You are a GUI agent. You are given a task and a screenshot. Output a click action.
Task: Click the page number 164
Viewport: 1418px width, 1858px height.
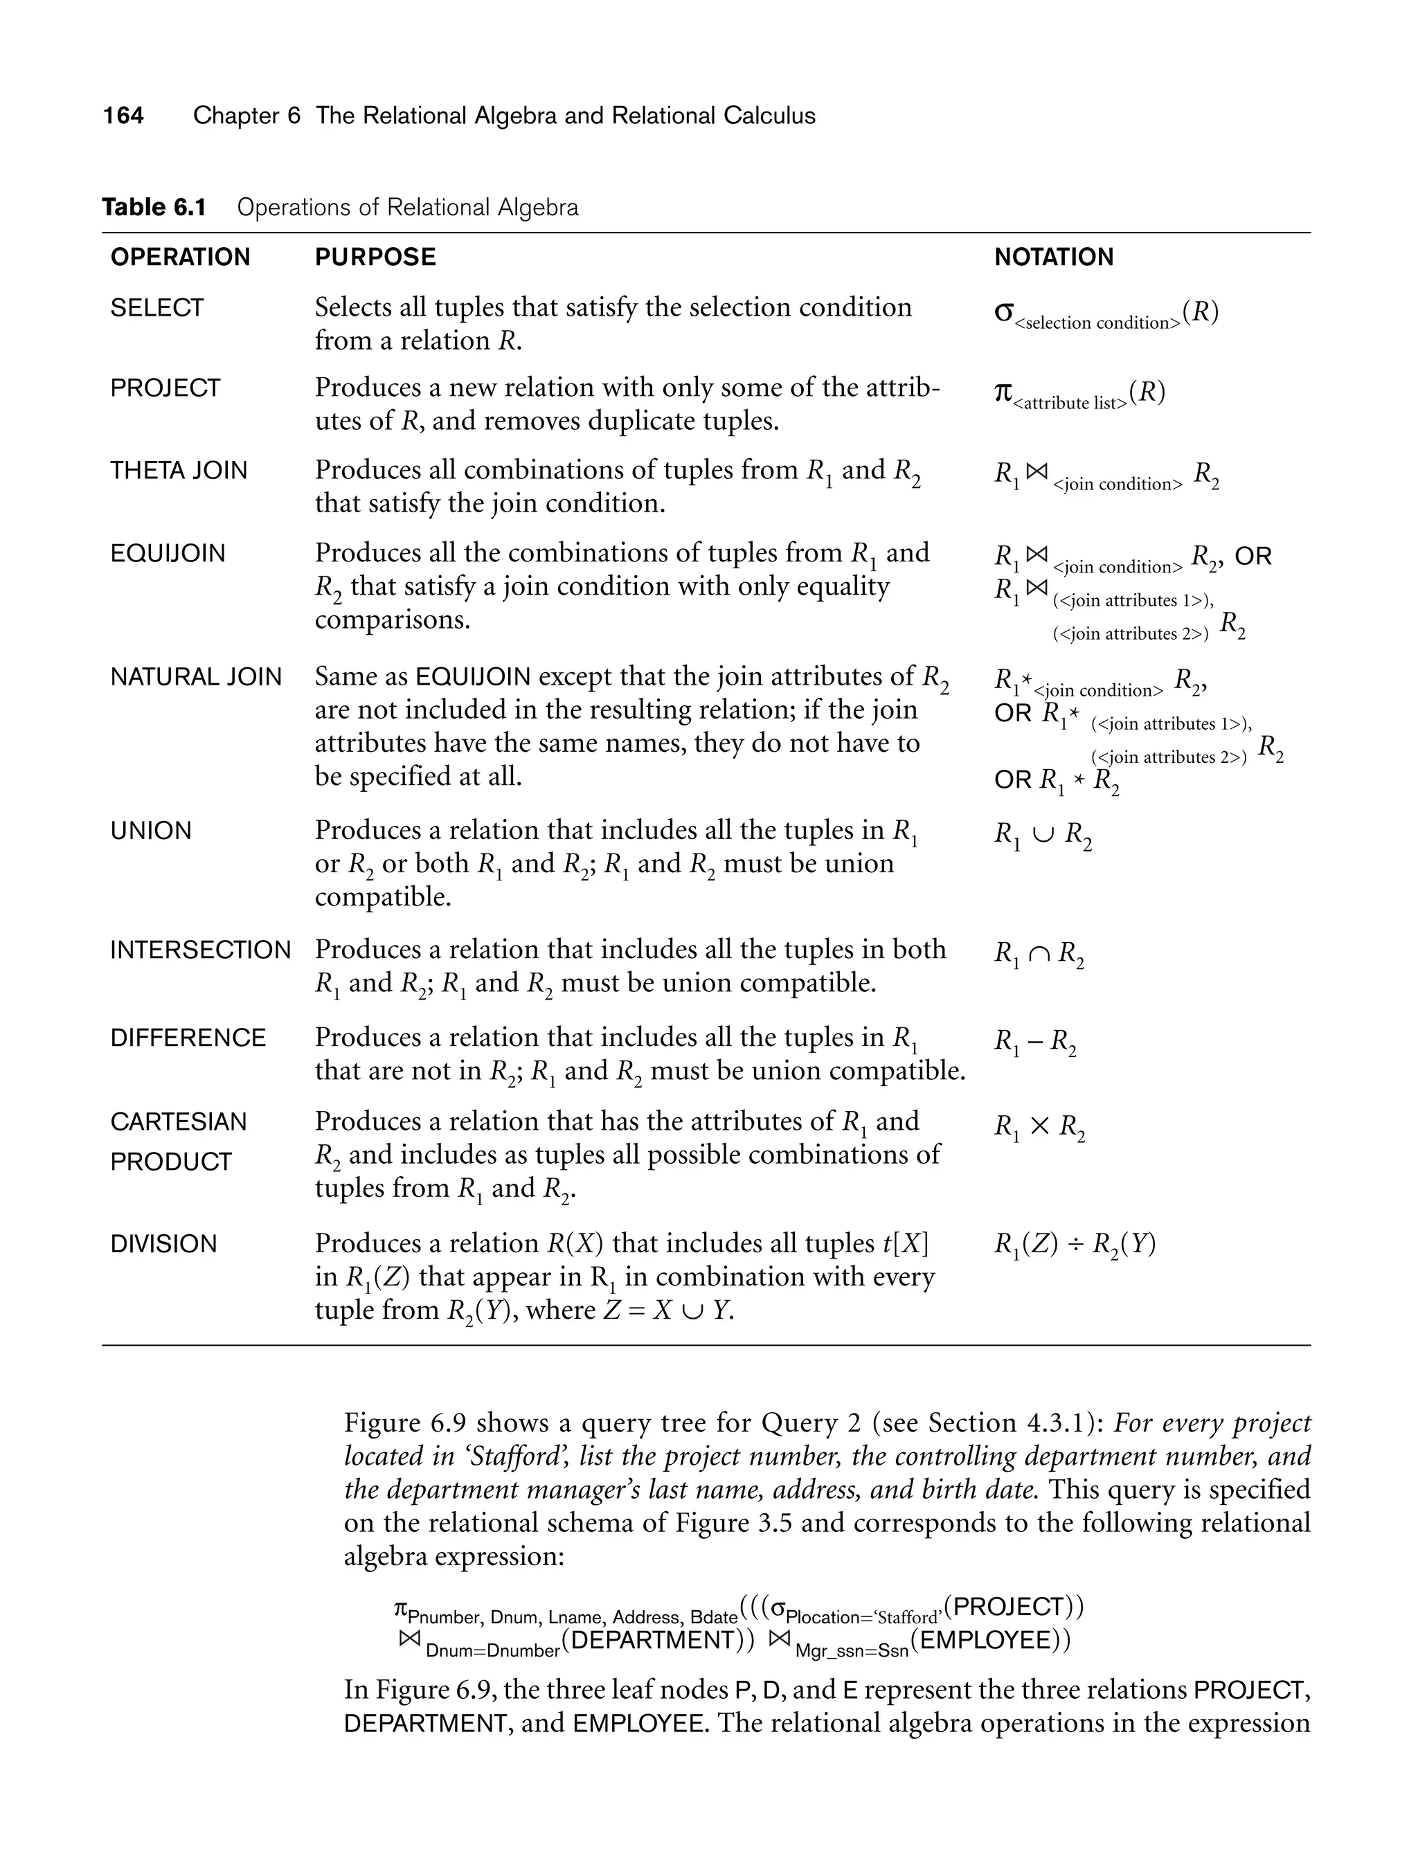[123, 116]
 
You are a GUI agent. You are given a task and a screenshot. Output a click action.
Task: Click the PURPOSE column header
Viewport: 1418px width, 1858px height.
[375, 258]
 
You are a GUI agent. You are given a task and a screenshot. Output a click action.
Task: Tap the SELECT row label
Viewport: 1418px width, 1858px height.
[157, 308]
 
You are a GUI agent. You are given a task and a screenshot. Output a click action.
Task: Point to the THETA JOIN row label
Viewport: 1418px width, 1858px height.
[179, 470]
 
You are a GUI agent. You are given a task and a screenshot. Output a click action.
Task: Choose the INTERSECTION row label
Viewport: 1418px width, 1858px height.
[200, 950]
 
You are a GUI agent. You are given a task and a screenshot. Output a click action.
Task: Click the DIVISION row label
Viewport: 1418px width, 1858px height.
[163, 1244]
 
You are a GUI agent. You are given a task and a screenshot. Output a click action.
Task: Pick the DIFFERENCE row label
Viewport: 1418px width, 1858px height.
[188, 1038]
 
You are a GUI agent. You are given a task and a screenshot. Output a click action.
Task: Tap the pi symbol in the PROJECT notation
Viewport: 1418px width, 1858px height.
[1003, 393]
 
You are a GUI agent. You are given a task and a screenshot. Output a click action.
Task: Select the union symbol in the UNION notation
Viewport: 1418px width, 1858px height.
[1043, 834]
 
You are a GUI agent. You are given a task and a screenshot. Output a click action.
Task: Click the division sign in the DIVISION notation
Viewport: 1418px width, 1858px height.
[1075, 1245]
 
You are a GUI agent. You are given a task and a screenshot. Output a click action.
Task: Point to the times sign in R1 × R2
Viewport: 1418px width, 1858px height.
[1040, 1126]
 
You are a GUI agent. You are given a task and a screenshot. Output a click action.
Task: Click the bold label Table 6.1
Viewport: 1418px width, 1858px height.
[154, 208]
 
